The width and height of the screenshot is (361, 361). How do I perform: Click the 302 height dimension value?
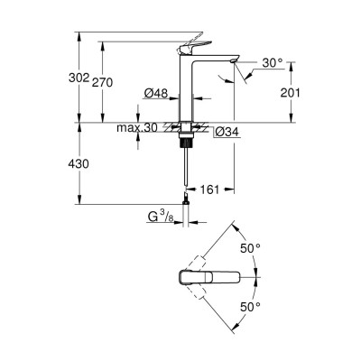tap(79, 79)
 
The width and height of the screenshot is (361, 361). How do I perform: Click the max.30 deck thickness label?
tap(137, 129)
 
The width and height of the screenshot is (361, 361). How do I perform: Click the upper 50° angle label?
tap(250, 247)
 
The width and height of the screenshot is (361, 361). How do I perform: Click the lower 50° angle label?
tap(250, 308)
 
